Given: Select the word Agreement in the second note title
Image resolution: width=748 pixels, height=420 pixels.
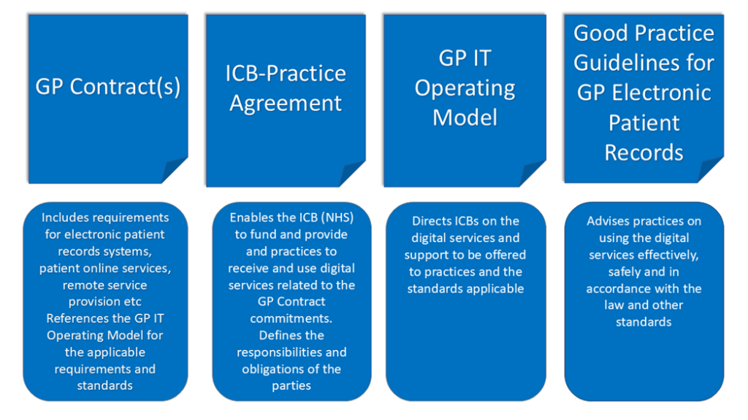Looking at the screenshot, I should (286, 103).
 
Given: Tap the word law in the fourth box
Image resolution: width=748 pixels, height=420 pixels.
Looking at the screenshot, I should (614, 305).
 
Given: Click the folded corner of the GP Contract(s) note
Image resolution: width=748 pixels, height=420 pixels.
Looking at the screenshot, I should (176, 171).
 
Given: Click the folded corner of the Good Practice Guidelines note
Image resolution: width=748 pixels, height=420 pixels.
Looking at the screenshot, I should (711, 170).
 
